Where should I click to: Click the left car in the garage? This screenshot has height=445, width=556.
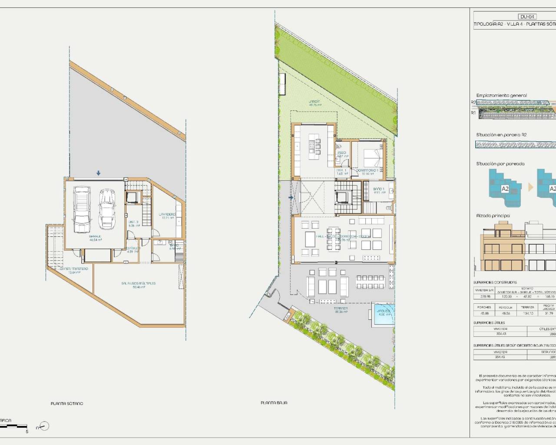pos(82,209)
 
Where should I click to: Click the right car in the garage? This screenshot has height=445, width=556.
pos(106,209)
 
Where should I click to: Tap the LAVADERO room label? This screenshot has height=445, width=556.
pos(167,216)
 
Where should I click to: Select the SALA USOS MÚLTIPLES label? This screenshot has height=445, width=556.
pos(139,285)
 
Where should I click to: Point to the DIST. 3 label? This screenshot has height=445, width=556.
pos(134,224)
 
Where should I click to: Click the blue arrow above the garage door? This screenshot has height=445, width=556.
pos(99,173)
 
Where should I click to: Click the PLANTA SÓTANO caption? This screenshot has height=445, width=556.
pos(67,404)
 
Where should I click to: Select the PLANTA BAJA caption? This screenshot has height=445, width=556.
pos(274,403)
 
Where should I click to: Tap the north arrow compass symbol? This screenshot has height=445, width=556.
pos(44,426)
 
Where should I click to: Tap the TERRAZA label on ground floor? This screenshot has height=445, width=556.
pos(341,309)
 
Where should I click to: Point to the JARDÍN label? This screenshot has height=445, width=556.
pos(315,103)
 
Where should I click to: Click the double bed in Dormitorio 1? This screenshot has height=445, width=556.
pos(372,159)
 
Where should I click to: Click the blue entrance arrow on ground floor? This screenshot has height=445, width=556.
pos(291,198)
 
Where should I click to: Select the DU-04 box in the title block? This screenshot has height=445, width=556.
pos(528,17)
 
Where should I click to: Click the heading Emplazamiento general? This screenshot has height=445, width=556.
pos(501,96)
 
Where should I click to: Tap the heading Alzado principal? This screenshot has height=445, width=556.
pos(493,216)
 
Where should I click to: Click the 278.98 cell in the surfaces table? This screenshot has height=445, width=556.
pos(485,297)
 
